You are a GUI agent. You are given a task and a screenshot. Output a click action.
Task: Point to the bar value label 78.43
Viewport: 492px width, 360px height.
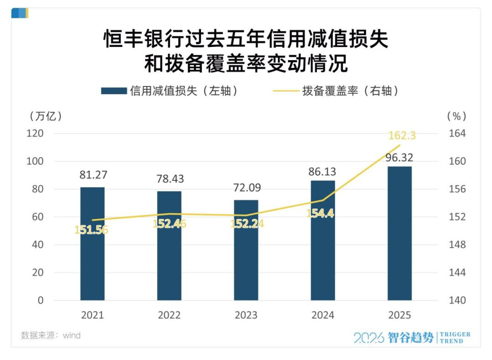169,179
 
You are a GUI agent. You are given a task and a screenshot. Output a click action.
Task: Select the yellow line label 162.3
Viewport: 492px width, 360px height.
402,136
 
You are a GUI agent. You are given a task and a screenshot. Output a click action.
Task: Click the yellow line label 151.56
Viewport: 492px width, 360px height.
92,230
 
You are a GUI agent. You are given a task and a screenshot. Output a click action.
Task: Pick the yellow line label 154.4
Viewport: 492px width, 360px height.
320,213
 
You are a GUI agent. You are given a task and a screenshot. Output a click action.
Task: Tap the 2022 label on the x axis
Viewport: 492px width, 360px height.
169,315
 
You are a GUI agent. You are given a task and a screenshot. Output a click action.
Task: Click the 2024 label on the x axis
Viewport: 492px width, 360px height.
323,315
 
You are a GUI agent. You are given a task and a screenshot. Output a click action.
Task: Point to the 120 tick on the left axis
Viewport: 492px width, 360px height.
35,134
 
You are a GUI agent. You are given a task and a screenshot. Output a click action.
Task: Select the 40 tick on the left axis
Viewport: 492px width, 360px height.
37,245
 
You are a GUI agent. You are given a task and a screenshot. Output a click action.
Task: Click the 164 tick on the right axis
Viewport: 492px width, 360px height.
457,134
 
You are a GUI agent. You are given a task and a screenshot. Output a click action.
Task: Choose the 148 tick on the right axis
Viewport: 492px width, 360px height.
457,245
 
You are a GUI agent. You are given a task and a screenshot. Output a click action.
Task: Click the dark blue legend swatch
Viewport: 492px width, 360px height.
113,91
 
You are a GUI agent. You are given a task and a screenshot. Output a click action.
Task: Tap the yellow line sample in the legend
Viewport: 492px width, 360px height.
285,91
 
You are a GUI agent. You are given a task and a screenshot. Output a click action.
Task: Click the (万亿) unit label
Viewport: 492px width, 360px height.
45,116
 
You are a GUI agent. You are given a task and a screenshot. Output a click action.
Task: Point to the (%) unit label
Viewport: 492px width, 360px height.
457,116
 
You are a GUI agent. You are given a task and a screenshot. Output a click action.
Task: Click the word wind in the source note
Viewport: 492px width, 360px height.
72,336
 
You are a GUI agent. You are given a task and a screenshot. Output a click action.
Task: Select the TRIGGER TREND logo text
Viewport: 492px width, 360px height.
455,338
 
